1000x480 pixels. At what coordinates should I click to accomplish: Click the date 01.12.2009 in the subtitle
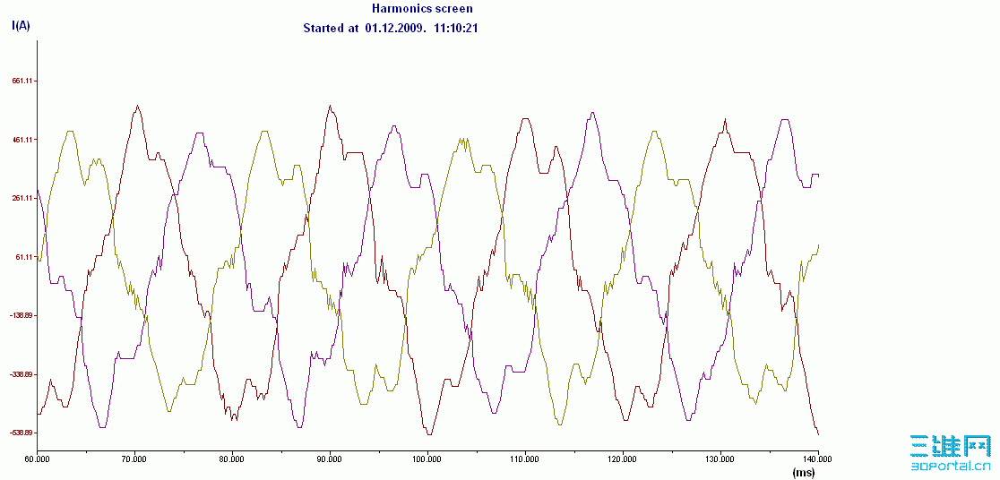394,28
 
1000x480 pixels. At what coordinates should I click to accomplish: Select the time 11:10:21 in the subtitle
456,28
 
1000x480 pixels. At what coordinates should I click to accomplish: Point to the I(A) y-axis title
21,25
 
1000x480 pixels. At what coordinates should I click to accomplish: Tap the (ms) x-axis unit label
803,471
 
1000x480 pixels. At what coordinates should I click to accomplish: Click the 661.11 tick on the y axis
22,81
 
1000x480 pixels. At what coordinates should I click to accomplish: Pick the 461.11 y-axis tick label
22,140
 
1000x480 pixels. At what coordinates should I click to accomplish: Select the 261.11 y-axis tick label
22,198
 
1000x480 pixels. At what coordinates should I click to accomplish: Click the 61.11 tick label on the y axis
24,257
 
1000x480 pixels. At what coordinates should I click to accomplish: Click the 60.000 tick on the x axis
37,459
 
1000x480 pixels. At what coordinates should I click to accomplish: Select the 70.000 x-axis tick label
134,459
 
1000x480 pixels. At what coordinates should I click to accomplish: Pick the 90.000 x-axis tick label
330,459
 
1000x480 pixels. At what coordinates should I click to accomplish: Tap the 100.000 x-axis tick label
427,459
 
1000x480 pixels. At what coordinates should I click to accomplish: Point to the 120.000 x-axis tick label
622,459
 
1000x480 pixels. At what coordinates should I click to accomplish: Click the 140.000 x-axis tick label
817,459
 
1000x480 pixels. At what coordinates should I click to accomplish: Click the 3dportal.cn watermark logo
950,453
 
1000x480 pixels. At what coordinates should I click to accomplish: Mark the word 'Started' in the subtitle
323,28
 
